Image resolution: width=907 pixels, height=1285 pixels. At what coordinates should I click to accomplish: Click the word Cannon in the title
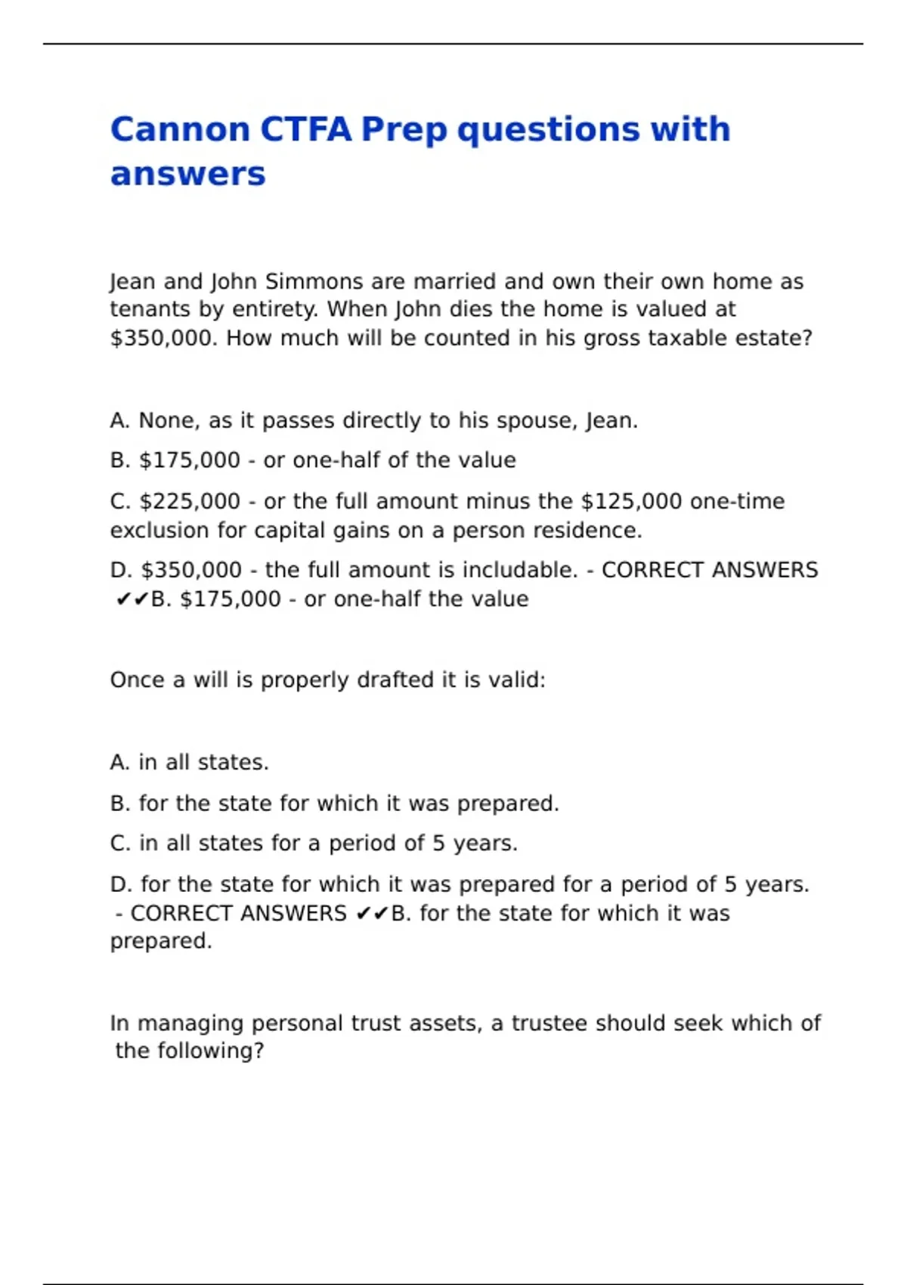(x=180, y=129)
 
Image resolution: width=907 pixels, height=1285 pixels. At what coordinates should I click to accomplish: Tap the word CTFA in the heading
(x=306, y=129)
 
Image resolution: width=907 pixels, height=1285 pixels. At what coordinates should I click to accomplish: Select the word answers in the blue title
(x=187, y=174)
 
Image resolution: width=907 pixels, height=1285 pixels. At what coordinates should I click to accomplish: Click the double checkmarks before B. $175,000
(x=132, y=599)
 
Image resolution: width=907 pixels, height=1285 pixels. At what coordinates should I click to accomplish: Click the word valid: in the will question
(x=516, y=680)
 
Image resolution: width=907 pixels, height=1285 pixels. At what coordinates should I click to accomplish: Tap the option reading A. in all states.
(x=189, y=762)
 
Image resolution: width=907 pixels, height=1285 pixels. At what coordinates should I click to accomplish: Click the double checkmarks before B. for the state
(x=371, y=913)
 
